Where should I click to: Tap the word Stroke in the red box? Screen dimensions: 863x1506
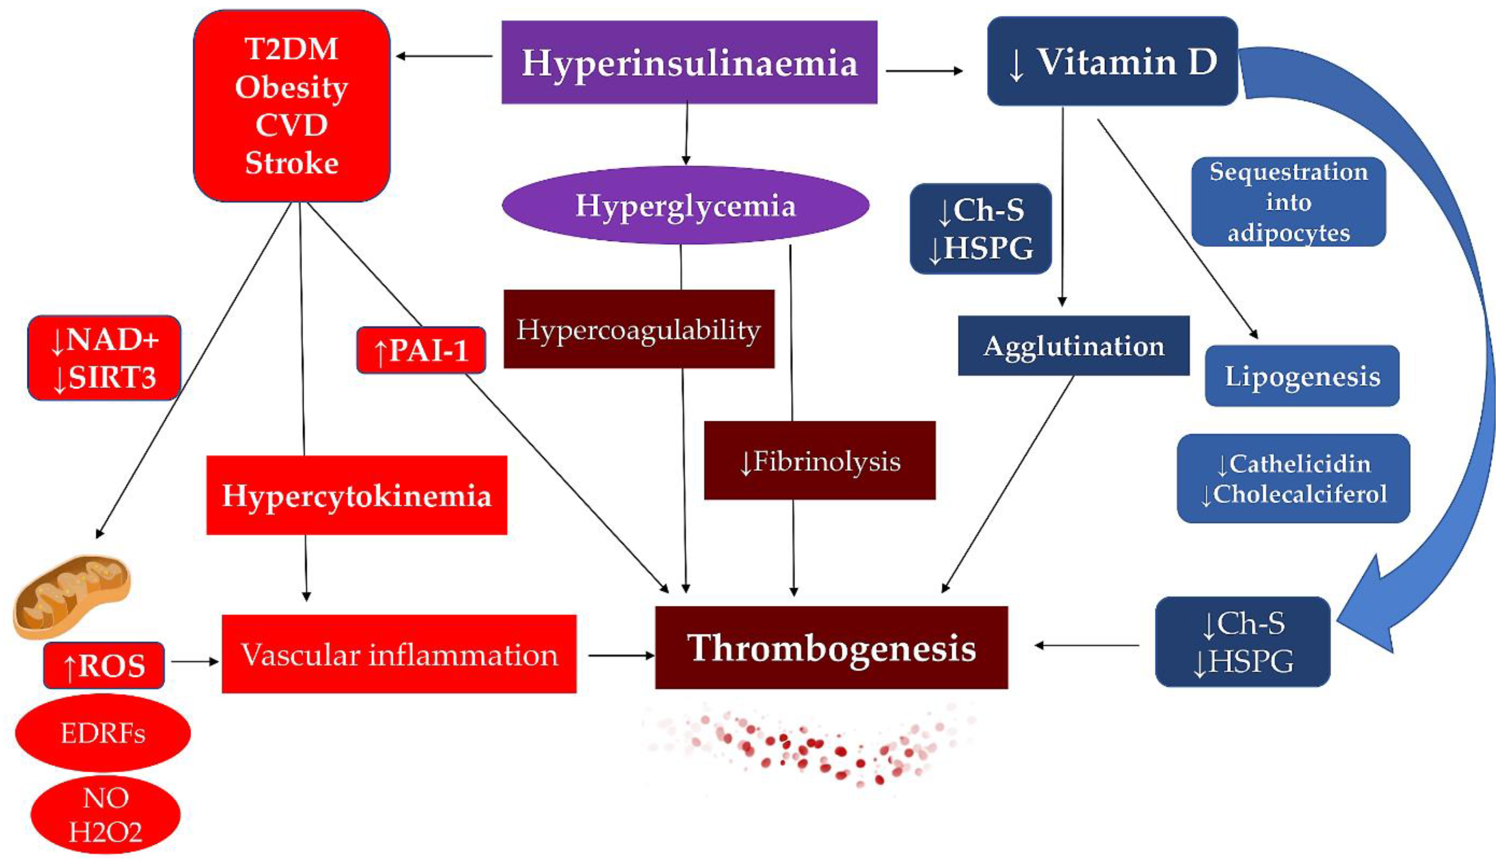292,163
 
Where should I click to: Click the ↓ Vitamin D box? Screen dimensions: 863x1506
1112,62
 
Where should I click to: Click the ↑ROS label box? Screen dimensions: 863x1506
104,665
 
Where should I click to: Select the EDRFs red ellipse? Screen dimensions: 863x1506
103,733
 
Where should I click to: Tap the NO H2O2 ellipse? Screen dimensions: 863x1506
105,815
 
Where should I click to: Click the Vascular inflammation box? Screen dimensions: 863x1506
399,654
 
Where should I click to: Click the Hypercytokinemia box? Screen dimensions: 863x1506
356,496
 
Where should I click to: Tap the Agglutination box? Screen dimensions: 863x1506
1073,346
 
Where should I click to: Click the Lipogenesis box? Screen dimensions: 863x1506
1302,376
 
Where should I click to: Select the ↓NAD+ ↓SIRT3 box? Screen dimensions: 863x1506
104,358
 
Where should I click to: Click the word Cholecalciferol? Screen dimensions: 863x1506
1300,494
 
